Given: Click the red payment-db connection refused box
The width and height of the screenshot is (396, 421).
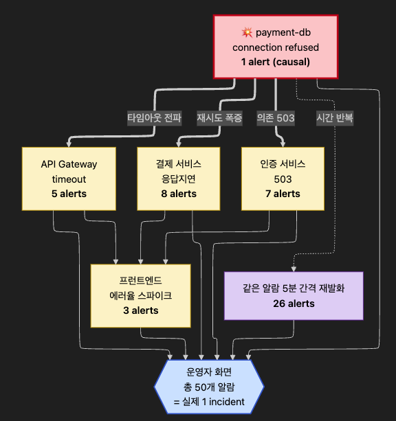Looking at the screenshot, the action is [x=276, y=47].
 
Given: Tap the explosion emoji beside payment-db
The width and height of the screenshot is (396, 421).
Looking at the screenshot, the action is [x=247, y=32].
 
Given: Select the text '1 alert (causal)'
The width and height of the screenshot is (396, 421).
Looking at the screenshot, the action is [x=276, y=62].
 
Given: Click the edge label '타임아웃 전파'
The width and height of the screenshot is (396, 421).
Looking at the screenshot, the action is [x=154, y=118].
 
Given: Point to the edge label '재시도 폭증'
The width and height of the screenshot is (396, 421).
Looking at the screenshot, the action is [x=219, y=118].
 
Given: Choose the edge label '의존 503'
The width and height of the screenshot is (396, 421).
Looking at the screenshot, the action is [x=276, y=118].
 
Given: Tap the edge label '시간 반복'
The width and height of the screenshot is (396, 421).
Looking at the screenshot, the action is [x=335, y=118].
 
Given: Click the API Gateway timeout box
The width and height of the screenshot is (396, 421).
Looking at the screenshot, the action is [x=69, y=179].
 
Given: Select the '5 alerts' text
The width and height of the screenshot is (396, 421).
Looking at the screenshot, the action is [x=69, y=194].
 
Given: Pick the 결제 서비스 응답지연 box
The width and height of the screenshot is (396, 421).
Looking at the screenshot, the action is [x=179, y=179].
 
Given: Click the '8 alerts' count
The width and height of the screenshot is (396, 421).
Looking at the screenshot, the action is [x=179, y=194].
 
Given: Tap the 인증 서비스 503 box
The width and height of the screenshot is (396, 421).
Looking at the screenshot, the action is [x=283, y=179].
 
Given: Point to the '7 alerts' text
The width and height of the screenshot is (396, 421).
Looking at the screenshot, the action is [x=283, y=194].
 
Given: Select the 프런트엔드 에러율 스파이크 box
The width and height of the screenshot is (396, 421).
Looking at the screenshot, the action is [x=141, y=295].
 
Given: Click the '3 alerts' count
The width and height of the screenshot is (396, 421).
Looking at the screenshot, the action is [x=141, y=310].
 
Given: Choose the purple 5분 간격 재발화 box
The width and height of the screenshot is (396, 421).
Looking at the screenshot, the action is [x=294, y=296].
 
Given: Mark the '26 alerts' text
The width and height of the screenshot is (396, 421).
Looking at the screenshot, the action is [x=294, y=304].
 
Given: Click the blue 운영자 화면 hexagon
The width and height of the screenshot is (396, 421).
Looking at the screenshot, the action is [x=209, y=387].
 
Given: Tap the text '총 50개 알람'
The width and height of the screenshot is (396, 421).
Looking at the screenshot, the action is [x=209, y=387].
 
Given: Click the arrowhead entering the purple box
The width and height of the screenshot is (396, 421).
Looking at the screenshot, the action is [x=294, y=269].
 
